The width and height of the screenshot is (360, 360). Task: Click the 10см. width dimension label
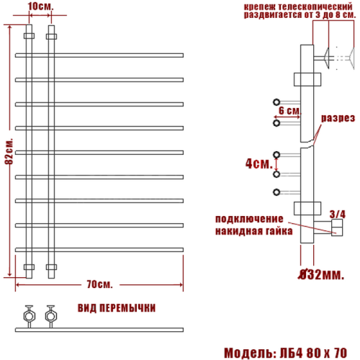[40, 6]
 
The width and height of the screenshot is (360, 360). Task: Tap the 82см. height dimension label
[9, 149]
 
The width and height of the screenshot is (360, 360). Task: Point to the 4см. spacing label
[257, 163]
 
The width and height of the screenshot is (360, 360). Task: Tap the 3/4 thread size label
[337, 213]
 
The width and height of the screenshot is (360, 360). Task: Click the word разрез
[338, 117]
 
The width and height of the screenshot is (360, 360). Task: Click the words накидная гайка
[253, 231]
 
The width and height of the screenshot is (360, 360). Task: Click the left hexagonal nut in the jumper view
[30, 315]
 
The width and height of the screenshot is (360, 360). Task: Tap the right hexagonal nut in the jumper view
[50, 315]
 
